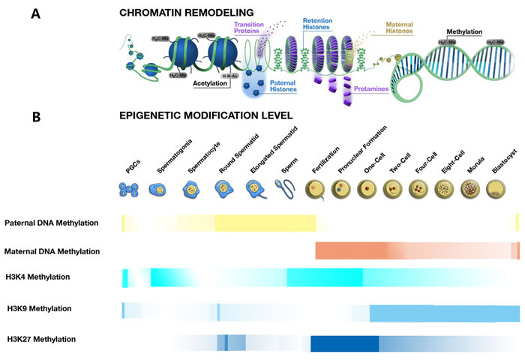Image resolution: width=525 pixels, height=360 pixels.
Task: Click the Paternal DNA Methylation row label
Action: pyautogui.click(x=51, y=223)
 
